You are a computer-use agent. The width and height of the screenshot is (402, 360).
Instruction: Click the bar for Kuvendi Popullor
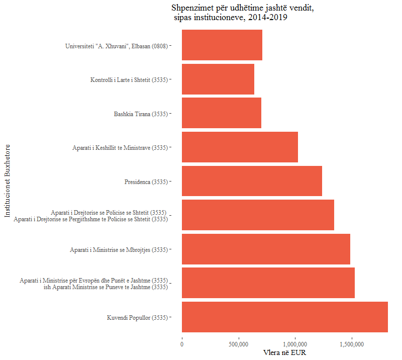coord(284,317)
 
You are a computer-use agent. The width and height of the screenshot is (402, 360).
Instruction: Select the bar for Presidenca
coord(252,181)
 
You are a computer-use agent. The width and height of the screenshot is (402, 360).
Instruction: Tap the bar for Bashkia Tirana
coord(221,113)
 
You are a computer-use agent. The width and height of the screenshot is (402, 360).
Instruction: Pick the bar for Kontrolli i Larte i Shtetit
coord(218,79)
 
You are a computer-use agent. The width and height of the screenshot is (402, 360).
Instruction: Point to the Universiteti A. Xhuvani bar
coord(222,45)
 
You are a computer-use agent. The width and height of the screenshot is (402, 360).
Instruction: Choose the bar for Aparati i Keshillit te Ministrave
coord(240,147)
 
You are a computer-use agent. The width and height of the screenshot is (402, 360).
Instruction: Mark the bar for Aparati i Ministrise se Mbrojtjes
coord(266,249)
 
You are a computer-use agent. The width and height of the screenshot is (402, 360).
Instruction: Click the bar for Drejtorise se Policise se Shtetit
coord(258,215)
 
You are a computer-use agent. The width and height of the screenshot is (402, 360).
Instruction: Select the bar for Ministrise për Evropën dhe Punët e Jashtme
coord(268,283)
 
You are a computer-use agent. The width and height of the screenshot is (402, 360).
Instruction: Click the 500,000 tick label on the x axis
coord(238,344)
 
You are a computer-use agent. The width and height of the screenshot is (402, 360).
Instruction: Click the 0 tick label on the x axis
coord(182,344)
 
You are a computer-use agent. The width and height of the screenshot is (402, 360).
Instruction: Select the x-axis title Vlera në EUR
coord(284,353)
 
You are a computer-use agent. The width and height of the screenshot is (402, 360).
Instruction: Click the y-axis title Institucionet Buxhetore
coord(7,181)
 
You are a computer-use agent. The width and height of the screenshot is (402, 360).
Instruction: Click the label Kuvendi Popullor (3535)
coord(137,317)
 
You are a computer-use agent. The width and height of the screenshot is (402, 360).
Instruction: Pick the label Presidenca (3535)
coord(146,182)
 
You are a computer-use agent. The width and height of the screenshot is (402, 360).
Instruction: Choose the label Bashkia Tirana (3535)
coord(140,114)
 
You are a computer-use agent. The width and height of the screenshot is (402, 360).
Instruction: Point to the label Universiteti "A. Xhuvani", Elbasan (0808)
coord(116,46)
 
